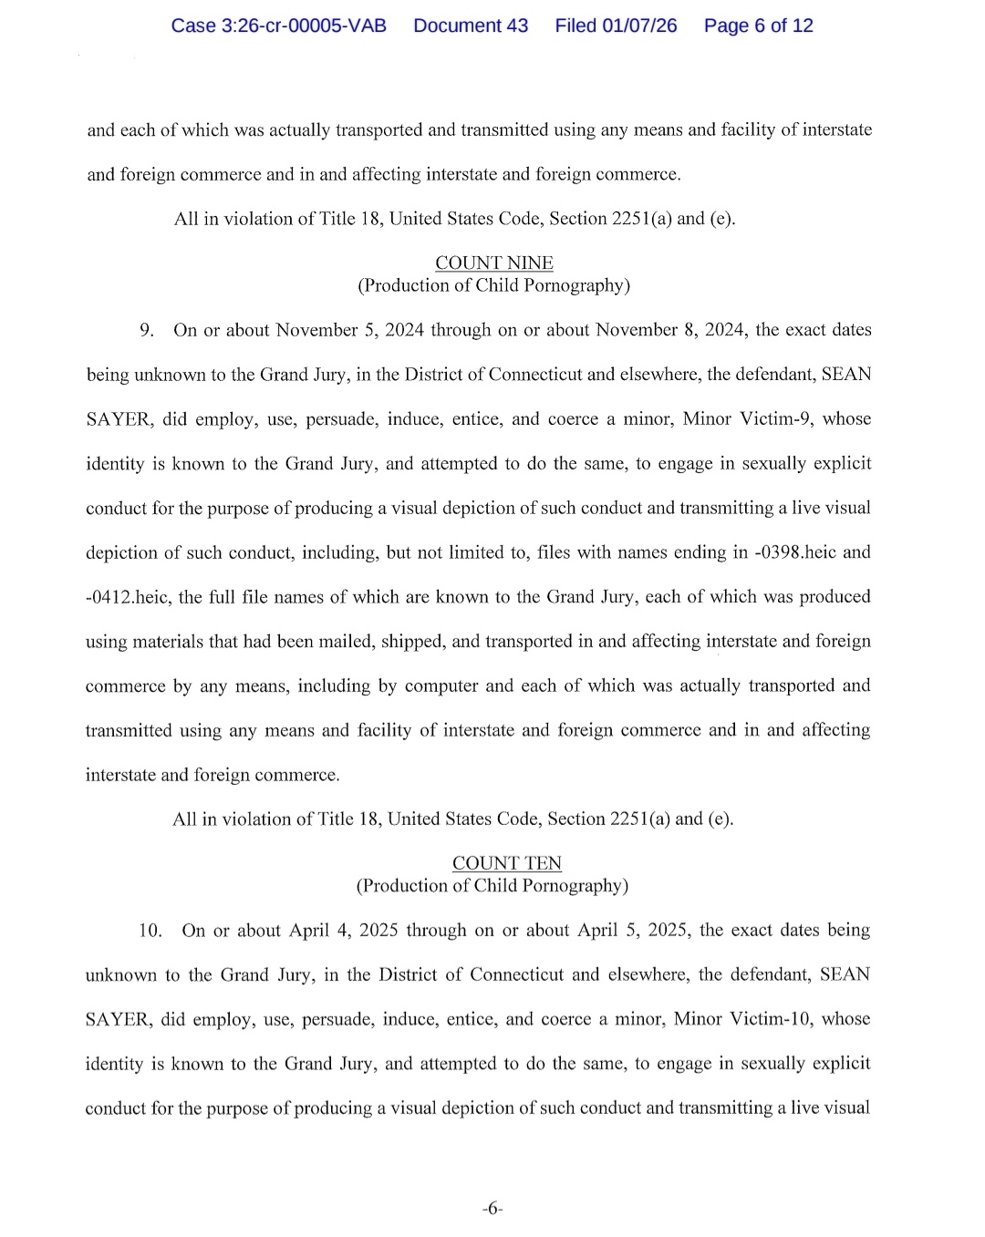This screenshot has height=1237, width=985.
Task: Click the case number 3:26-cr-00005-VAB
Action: click(x=278, y=26)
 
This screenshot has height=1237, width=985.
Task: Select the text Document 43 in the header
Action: click(x=471, y=26)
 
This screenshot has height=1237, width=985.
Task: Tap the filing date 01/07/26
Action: click(x=639, y=26)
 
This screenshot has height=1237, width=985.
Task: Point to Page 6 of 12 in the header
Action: click(x=758, y=26)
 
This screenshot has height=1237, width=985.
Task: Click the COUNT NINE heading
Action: click(x=493, y=263)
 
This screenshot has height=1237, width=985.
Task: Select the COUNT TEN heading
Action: click(x=506, y=863)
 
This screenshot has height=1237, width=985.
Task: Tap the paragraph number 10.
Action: click(x=150, y=931)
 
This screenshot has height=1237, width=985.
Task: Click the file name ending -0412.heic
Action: click(x=127, y=597)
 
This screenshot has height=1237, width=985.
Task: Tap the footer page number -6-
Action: click(x=493, y=1210)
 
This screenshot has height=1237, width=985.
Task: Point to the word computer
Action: click(x=441, y=686)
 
